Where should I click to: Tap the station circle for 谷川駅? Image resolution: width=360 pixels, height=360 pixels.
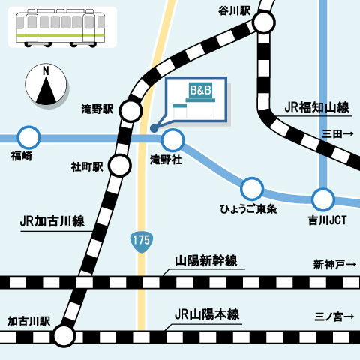click(x=263, y=23)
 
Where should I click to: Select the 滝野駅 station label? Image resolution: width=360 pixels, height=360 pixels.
click(x=97, y=109)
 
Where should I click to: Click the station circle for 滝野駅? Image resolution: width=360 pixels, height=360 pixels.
click(x=130, y=112)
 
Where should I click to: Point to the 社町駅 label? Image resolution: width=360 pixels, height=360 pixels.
click(x=87, y=166)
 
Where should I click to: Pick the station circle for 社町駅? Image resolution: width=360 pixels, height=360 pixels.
click(x=119, y=165)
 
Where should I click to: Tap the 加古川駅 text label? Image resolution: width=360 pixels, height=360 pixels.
click(x=28, y=320)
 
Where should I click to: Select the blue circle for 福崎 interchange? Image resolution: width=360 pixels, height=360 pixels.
click(x=28, y=138)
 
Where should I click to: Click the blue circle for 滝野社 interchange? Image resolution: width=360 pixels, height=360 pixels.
click(x=173, y=139)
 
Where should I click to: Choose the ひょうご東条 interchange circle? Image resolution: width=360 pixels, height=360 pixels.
click(x=252, y=187)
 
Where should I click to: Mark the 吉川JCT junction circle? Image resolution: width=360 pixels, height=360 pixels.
click(x=323, y=199)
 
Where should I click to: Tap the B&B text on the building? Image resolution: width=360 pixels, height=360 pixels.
click(x=200, y=91)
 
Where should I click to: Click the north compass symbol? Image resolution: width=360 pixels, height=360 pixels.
click(x=46, y=84)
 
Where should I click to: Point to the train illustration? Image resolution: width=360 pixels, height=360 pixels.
click(x=62, y=27)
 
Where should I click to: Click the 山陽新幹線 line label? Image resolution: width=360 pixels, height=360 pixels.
click(x=206, y=261)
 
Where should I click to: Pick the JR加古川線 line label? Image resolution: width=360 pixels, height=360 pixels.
click(x=52, y=222)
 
